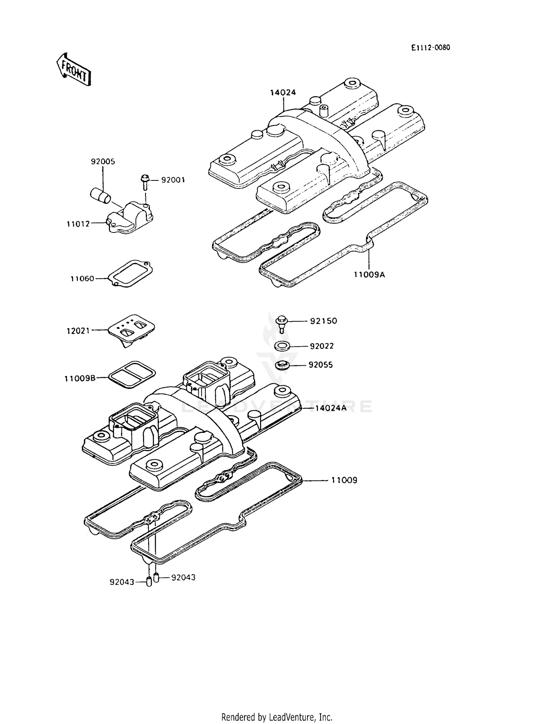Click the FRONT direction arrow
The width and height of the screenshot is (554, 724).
73,69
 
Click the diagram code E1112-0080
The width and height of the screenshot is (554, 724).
431,48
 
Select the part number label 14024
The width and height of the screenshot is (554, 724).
283,93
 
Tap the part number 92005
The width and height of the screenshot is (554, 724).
103,162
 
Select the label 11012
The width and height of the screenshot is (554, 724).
78,224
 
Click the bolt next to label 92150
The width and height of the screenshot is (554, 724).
282,323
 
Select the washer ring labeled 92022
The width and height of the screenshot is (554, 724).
282,346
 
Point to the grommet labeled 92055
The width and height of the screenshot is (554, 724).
283,365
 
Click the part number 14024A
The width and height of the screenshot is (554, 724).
331,408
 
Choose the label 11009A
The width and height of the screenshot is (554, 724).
369,275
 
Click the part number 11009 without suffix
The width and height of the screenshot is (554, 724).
344,480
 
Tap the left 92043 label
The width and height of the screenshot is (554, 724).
122,582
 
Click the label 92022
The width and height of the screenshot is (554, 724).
322,346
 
